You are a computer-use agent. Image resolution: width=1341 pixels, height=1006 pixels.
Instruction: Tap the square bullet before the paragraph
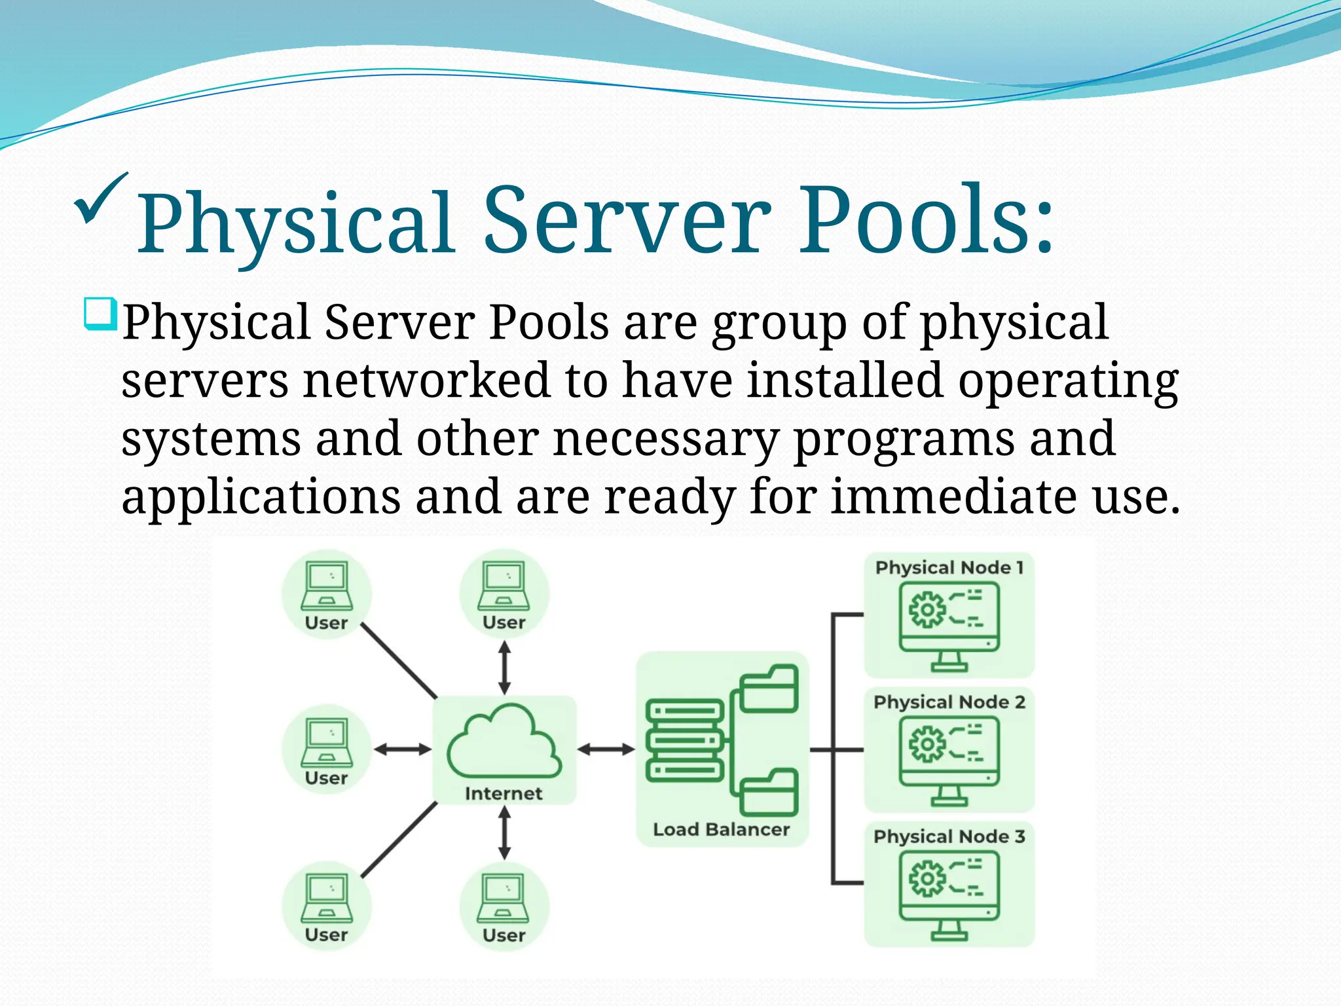tap(100, 314)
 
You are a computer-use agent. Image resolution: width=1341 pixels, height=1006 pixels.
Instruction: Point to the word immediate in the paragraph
tap(954, 497)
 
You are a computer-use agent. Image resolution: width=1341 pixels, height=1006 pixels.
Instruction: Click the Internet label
tap(504, 794)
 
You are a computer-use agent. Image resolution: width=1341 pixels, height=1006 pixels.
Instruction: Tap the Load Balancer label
tap(721, 830)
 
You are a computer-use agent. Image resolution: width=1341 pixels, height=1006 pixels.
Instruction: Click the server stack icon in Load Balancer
tap(684, 741)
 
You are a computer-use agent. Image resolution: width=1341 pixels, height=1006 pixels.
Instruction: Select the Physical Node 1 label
tap(949, 568)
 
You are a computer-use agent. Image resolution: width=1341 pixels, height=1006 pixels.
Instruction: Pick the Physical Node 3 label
tap(949, 837)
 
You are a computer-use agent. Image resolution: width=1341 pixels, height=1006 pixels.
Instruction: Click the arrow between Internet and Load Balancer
tap(606, 749)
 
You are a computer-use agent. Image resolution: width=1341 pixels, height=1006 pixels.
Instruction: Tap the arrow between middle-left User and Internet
tap(402, 749)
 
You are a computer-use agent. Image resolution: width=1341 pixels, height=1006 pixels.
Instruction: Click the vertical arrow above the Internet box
tap(504, 667)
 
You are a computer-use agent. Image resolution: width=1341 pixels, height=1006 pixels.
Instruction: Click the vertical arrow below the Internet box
tap(504, 832)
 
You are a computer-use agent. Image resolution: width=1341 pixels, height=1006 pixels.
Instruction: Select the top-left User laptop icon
tap(327, 587)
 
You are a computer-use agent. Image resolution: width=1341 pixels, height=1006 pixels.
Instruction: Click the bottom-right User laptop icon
tap(504, 899)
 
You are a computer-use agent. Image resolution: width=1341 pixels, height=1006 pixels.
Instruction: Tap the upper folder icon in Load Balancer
tap(769, 689)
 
